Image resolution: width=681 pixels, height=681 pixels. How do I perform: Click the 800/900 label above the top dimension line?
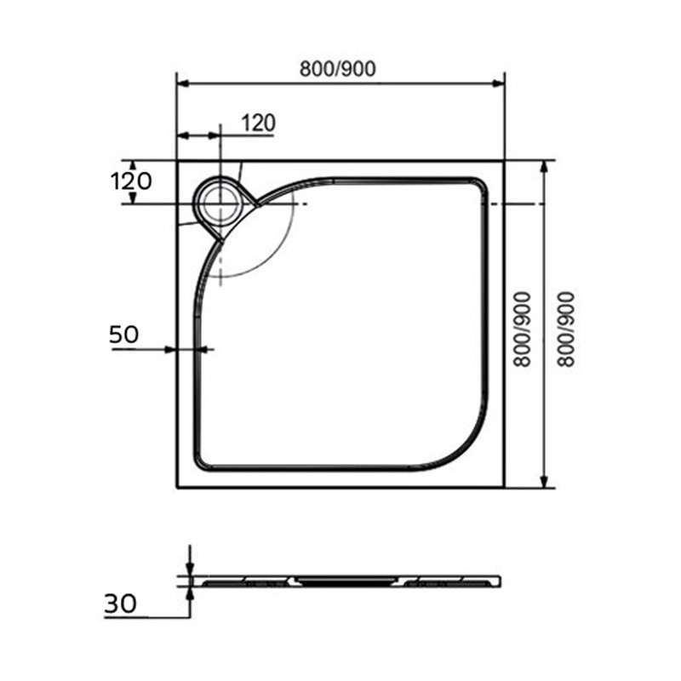tap(337, 69)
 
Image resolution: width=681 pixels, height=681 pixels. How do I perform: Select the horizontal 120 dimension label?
tap(259, 123)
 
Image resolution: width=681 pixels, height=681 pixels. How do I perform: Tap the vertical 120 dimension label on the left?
tap(131, 181)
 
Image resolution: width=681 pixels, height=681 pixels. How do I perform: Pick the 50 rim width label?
tap(123, 335)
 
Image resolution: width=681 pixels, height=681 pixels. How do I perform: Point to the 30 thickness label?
tap(120, 604)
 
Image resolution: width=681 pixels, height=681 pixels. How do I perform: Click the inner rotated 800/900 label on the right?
tap(523, 329)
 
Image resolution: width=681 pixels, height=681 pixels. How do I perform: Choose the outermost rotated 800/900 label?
tap(566, 329)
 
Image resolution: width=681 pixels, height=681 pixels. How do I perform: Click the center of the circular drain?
tap(220, 203)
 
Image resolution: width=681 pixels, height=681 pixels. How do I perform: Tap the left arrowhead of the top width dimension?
tap(182, 83)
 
